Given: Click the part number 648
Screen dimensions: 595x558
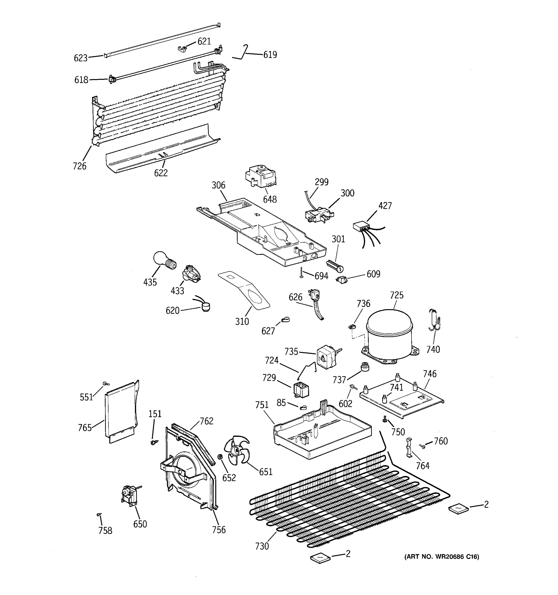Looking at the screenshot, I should coord(270,199).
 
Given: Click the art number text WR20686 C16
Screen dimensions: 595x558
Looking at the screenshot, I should coord(441,557).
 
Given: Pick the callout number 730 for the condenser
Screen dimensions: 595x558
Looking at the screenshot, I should coord(262,546).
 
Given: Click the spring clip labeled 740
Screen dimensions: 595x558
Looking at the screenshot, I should coord(434,320).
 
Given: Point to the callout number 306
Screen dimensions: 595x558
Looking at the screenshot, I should coord(218,185).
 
